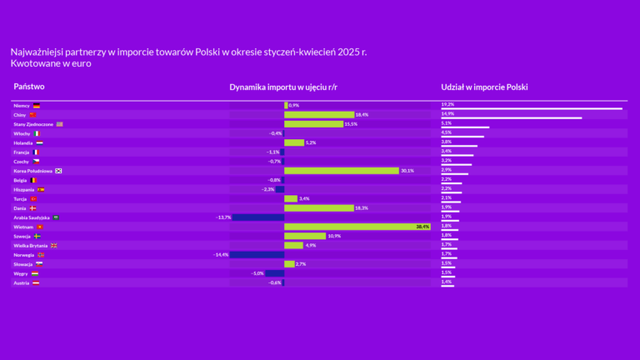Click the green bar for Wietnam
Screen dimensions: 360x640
(x=357, y=227)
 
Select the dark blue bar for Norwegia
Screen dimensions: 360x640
(x=257, y=254)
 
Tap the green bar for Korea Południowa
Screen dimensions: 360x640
(x=341, y=171)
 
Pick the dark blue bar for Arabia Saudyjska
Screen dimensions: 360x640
(x=257, y=217)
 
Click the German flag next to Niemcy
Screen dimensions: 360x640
(x=36, y=106)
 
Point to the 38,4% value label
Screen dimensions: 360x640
(x=422, y=227)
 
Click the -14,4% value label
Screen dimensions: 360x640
(x=221, y=254)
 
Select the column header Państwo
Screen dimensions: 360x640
(x=29, y=87)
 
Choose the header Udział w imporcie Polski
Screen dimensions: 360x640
(x=484, y=87)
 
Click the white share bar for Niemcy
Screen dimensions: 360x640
(x=531, y=108)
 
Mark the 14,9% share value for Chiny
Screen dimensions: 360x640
(x=447, y=113)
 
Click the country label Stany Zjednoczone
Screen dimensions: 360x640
(x=33, y=124)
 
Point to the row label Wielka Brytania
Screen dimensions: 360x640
(x=30, y=245)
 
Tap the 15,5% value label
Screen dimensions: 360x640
(x=350, y=124)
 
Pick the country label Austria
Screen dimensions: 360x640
(x=22, y=282)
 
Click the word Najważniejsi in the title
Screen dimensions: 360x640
(x=38, y=52)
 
